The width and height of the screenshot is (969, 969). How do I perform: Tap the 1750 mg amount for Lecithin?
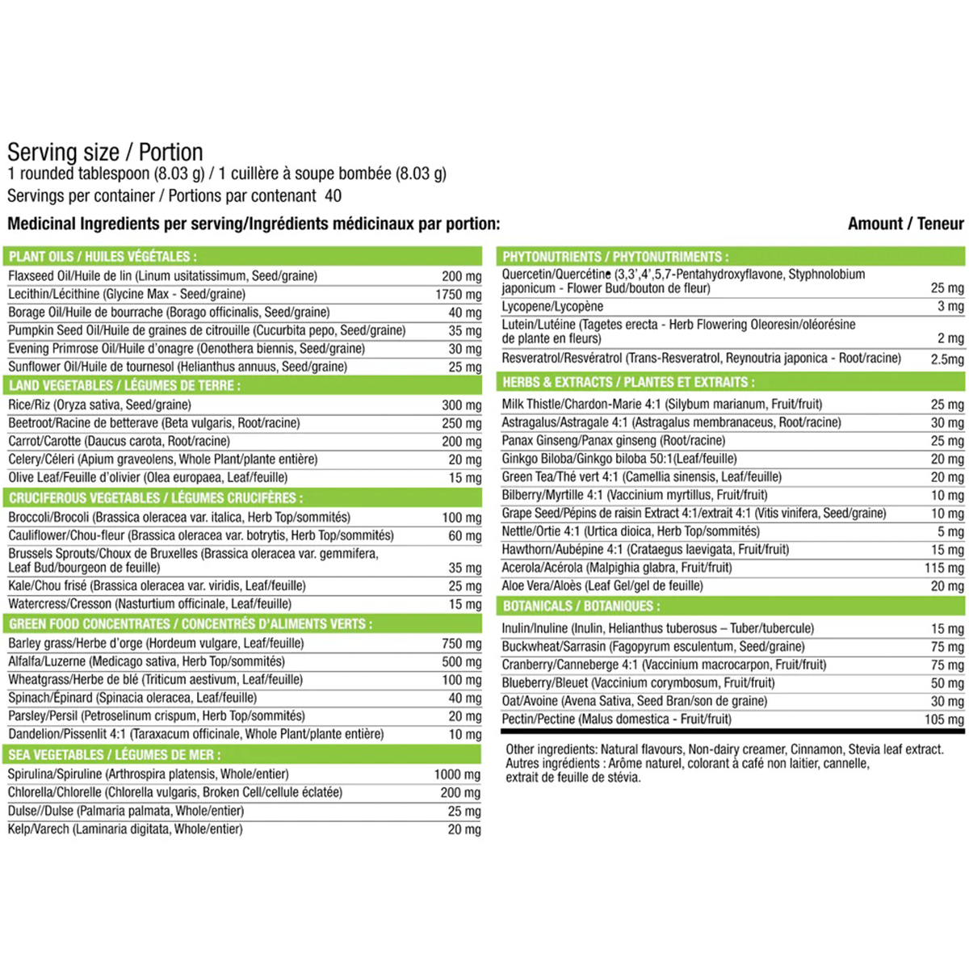pyautogui.click(x=458, y=295)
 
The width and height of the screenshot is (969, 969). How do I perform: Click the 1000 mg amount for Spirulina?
pyautogui.click(x=457, y=774)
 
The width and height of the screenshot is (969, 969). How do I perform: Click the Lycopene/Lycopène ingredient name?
pyautogui.click(x=552, y=307)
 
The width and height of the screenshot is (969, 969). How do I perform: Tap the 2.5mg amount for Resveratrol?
pyautogui.click(x=946, y=359)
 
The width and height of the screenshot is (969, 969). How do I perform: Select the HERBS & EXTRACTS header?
pyautogui.click(x=628, y=382)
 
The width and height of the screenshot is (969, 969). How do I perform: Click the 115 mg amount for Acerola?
pyautogui.click(x=944, y=568)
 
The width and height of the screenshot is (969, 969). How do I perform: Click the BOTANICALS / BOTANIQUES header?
pyautogui.click(x=581, y=606)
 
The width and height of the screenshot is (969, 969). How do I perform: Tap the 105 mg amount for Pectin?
pyautogui.click(x=944, y=719)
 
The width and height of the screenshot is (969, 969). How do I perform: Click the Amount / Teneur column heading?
pyautogui.click(x=905, y=224)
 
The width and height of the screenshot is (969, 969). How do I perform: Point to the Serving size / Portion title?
pyautogui.click(x=105, y=153)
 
